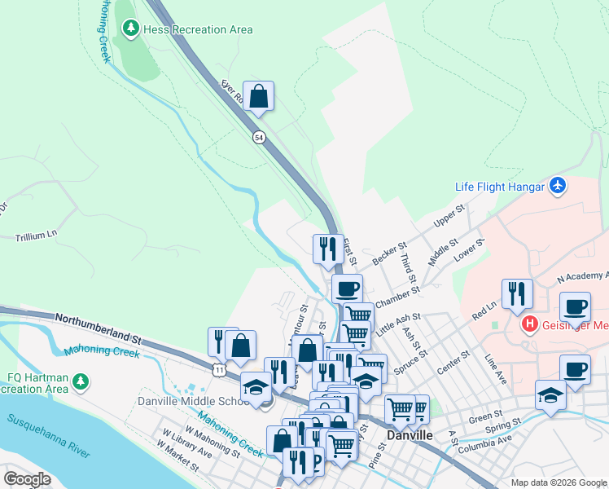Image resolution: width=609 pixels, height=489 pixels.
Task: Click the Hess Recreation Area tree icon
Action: (129, 29)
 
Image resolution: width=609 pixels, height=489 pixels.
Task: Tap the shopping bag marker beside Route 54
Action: (258, 96)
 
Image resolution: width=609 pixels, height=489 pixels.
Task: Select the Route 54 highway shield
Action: (259, 138)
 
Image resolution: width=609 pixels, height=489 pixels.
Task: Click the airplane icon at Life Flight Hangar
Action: (557, 186)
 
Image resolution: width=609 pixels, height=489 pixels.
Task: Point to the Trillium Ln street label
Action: (37, 236)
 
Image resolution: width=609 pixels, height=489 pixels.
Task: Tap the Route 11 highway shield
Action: (220, 370)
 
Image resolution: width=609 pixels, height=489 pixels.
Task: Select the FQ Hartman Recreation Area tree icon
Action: (80, 381)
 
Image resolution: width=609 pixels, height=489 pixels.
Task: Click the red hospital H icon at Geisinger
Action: (530, 325)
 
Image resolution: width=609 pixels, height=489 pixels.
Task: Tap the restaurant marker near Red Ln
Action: (517, 293)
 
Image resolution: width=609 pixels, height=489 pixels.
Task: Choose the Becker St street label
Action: (388, 253)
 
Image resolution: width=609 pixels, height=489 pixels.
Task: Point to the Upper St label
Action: (449, 215)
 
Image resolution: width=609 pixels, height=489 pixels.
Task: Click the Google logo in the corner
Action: (27, 479)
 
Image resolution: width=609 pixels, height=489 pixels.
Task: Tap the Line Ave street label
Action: (495, 363)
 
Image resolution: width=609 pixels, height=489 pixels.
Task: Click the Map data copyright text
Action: (558, 482)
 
